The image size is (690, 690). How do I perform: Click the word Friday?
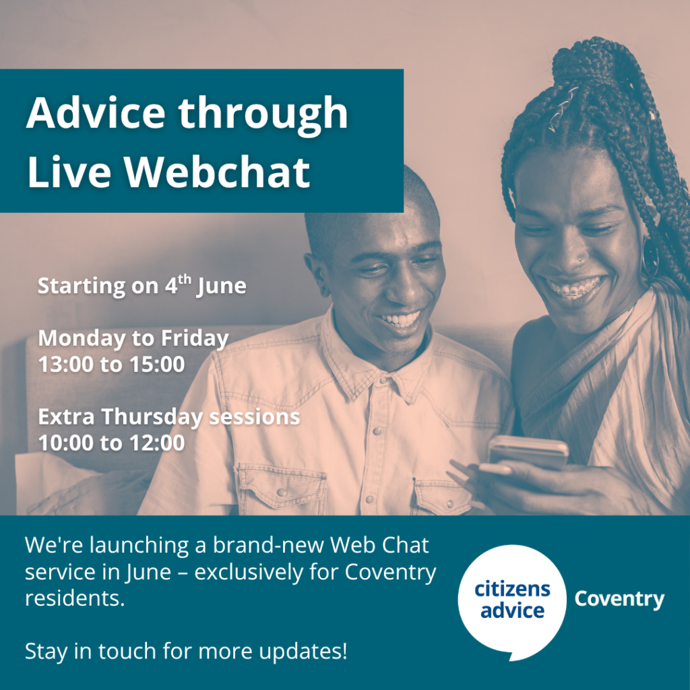195,338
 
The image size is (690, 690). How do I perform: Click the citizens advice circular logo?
512,600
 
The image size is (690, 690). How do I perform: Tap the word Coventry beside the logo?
619,599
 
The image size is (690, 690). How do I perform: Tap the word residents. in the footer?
75,599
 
